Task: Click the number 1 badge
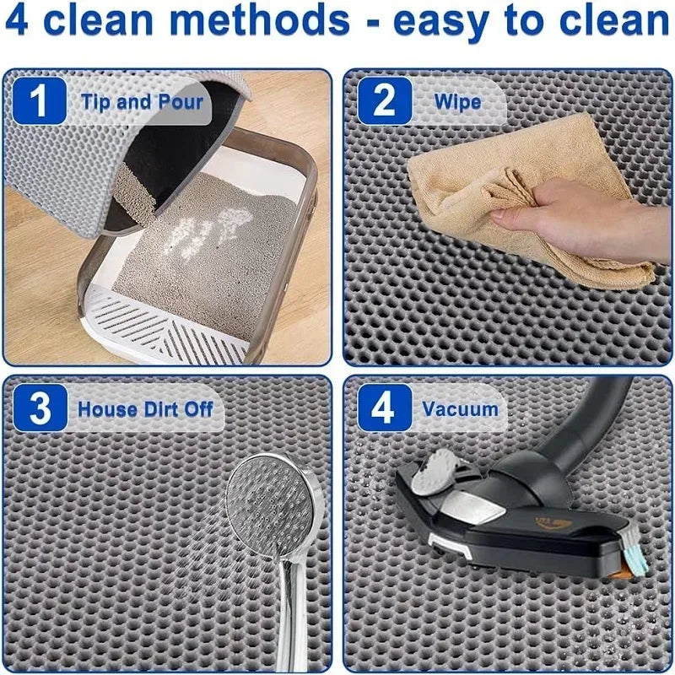39,102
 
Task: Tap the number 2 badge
385,102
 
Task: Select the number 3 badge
40,409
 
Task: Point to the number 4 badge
384,409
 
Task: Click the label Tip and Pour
143,103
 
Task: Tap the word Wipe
457,103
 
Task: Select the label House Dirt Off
145,410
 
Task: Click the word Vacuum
461,410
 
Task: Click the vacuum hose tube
591,422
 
